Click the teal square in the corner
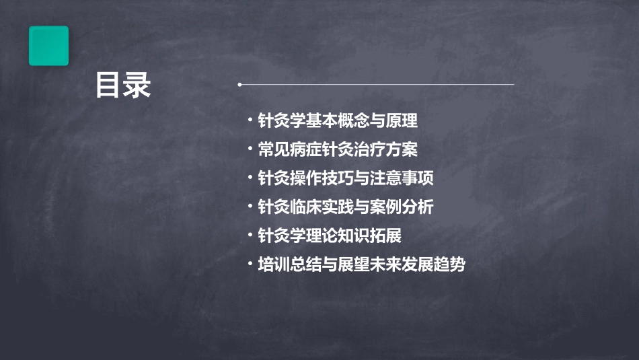click(48, 46)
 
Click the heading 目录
click(123, 86)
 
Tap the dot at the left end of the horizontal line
click(240, 85)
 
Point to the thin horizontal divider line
click(377, 85)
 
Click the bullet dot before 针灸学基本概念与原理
click(250, 121)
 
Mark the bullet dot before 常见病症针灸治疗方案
click(250, 149)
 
